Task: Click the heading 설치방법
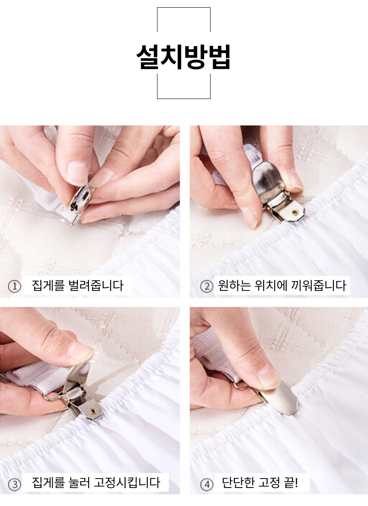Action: [x=183, y=57]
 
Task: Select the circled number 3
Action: [x=15, y=484]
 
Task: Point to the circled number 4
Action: [x=207, y=484]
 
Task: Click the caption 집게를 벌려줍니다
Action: [x=77, y=285]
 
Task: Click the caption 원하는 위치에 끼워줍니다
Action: [x=282, y=285]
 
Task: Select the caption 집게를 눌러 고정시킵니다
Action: [x=96, y=483]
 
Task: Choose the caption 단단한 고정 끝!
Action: [x=260, y=483]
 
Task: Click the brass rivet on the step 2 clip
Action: [x=294, y=212]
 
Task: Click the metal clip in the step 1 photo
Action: [x=80, y=204]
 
